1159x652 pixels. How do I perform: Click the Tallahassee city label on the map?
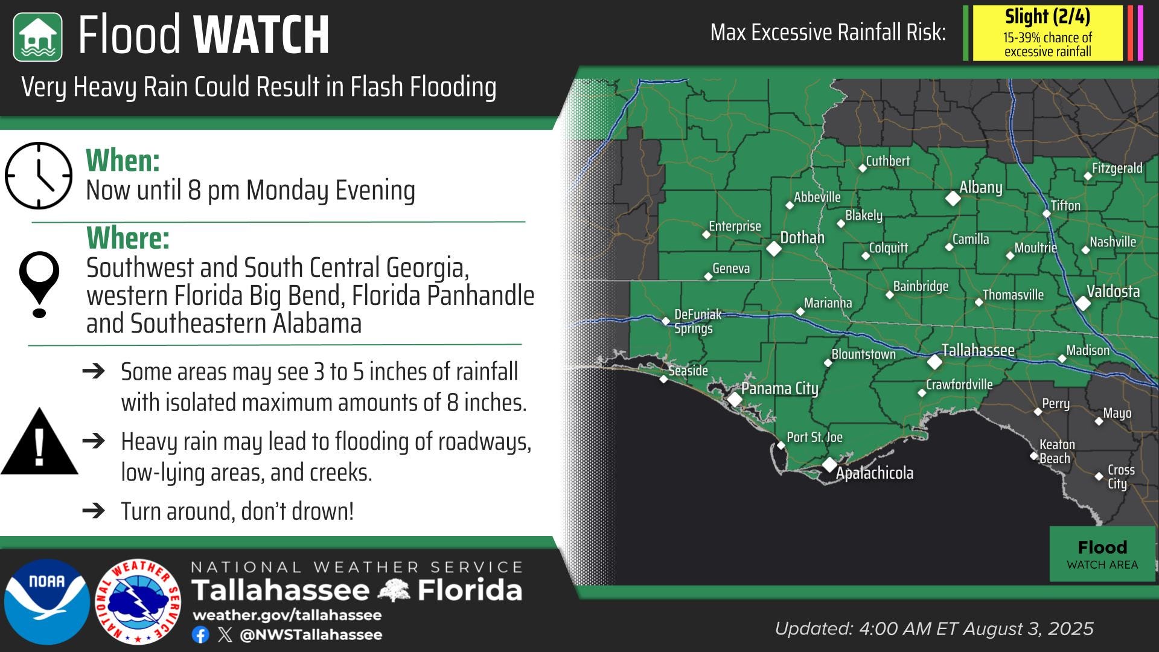click(978, 350)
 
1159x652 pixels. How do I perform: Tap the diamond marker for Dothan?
click(773, 248)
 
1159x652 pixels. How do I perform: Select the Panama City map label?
click(779, 388)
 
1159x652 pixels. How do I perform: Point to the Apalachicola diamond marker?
click(829, 464)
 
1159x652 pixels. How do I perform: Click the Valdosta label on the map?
click(1113, 292)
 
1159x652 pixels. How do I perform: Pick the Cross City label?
click(1120, 476)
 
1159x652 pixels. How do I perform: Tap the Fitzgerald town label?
click(1117, 168)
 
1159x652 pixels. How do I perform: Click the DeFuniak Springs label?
click(697, 321)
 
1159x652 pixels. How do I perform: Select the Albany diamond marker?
click(953, 197)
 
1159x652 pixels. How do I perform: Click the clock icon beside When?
click(39, 176)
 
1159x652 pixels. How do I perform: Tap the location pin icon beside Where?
click(39, 284)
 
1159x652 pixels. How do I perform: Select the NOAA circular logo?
click(47, 601)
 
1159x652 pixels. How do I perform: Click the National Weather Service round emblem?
click(138, 601)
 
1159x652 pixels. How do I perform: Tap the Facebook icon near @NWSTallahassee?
click(200, 634)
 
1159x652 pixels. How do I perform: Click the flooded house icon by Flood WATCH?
click(37, 37)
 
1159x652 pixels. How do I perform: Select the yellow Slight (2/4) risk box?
click(1047, 33)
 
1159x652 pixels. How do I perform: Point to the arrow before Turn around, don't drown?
click(94, 511)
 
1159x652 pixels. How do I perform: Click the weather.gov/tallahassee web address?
click(287, 615)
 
